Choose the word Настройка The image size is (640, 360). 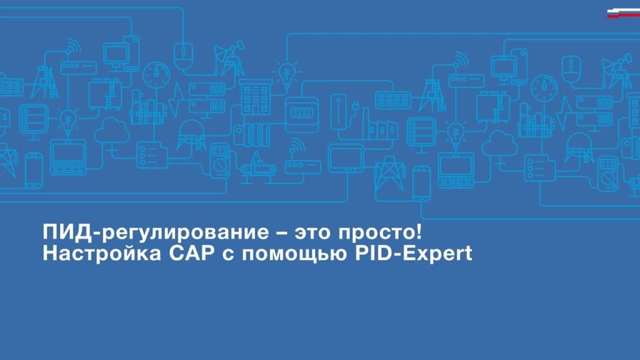(x=102, y=254)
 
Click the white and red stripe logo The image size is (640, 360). (x=623, y=13)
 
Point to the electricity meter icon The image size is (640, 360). (x=302, y=114)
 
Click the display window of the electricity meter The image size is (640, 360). (x=302, y=112)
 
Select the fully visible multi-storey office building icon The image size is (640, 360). (x=256, y=97)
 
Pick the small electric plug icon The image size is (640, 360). (x=355, y=107)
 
